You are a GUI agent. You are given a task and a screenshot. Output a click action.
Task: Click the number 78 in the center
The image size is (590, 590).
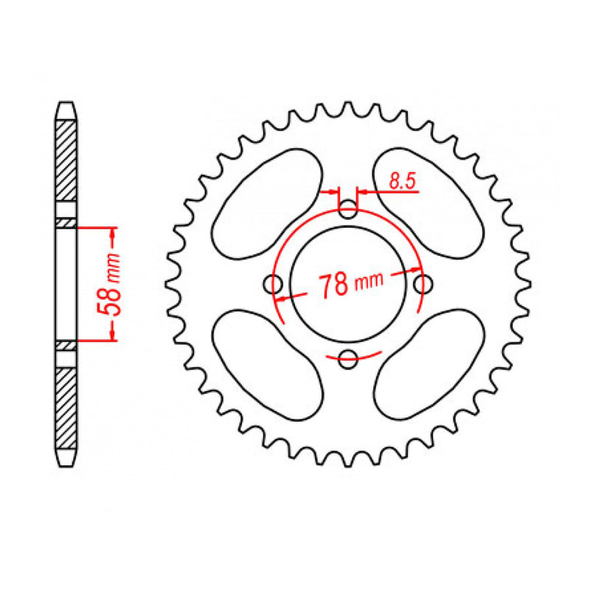pyautogui.click(x=333, y=285)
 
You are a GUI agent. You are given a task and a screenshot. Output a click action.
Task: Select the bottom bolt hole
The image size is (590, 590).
pyautogui.click(x=348, y=359)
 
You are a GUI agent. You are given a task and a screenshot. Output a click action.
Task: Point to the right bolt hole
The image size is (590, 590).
pyautogui.click(x=423, y=283)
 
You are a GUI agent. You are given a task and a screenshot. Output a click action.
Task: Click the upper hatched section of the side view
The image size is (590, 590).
pyautogui.click(x=66, y=159)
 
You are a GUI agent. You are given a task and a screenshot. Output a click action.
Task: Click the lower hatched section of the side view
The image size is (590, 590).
pyautogui.click(x=66, y=409)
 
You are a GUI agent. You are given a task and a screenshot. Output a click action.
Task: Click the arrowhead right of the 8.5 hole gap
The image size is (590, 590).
pyautogui.click(x=364, y=192)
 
